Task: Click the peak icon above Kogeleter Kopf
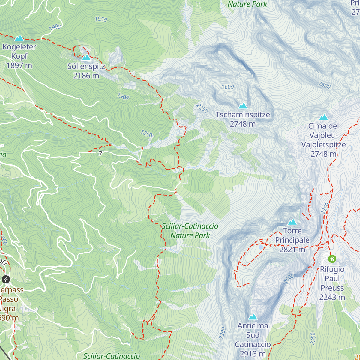click(19, 38)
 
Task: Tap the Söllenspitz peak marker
click(86, 58)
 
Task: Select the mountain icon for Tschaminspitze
click(243, 106)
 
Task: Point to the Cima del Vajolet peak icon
click(323, 117)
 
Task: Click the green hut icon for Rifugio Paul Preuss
click(332, 259)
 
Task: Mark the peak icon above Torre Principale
click(292, 222)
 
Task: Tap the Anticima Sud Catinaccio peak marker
click(253, 317)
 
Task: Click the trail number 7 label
click(101, 153)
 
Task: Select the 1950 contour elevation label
click(101, 19)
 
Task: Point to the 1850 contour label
click(146, 133)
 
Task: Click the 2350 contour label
click(325, 208)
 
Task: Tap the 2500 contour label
click(289, 279)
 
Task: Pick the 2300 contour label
click(222, 333)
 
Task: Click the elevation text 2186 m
click(86, 76)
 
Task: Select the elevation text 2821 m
click(292, 249)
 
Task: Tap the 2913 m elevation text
click(253, 354)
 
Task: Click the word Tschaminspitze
click(243, 115)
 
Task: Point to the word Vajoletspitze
click(323, 145)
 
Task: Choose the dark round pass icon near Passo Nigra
click(6, 280)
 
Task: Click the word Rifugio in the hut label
click(332, 269)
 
